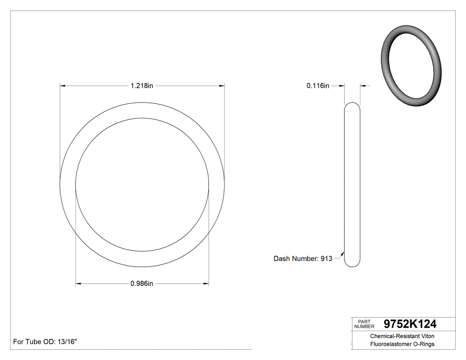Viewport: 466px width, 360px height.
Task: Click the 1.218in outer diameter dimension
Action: (142, 86)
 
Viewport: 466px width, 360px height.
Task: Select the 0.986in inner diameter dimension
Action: (142, 283)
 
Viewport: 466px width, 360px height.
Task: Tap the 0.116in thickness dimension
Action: (318, 86)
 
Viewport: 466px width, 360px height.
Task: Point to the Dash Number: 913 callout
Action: (303, 258)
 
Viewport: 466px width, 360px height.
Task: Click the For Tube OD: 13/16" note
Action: (45, 342)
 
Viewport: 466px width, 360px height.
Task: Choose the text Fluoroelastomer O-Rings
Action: (403, 344)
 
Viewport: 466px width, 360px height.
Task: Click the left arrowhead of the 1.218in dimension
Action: (63, 86)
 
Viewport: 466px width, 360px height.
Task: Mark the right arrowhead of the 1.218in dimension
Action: (221, 86)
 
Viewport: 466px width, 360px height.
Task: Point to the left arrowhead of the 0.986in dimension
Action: (79, 283)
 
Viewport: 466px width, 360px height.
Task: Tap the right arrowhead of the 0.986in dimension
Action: (206, 283)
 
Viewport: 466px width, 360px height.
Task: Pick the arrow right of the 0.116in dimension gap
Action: (363, 86)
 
